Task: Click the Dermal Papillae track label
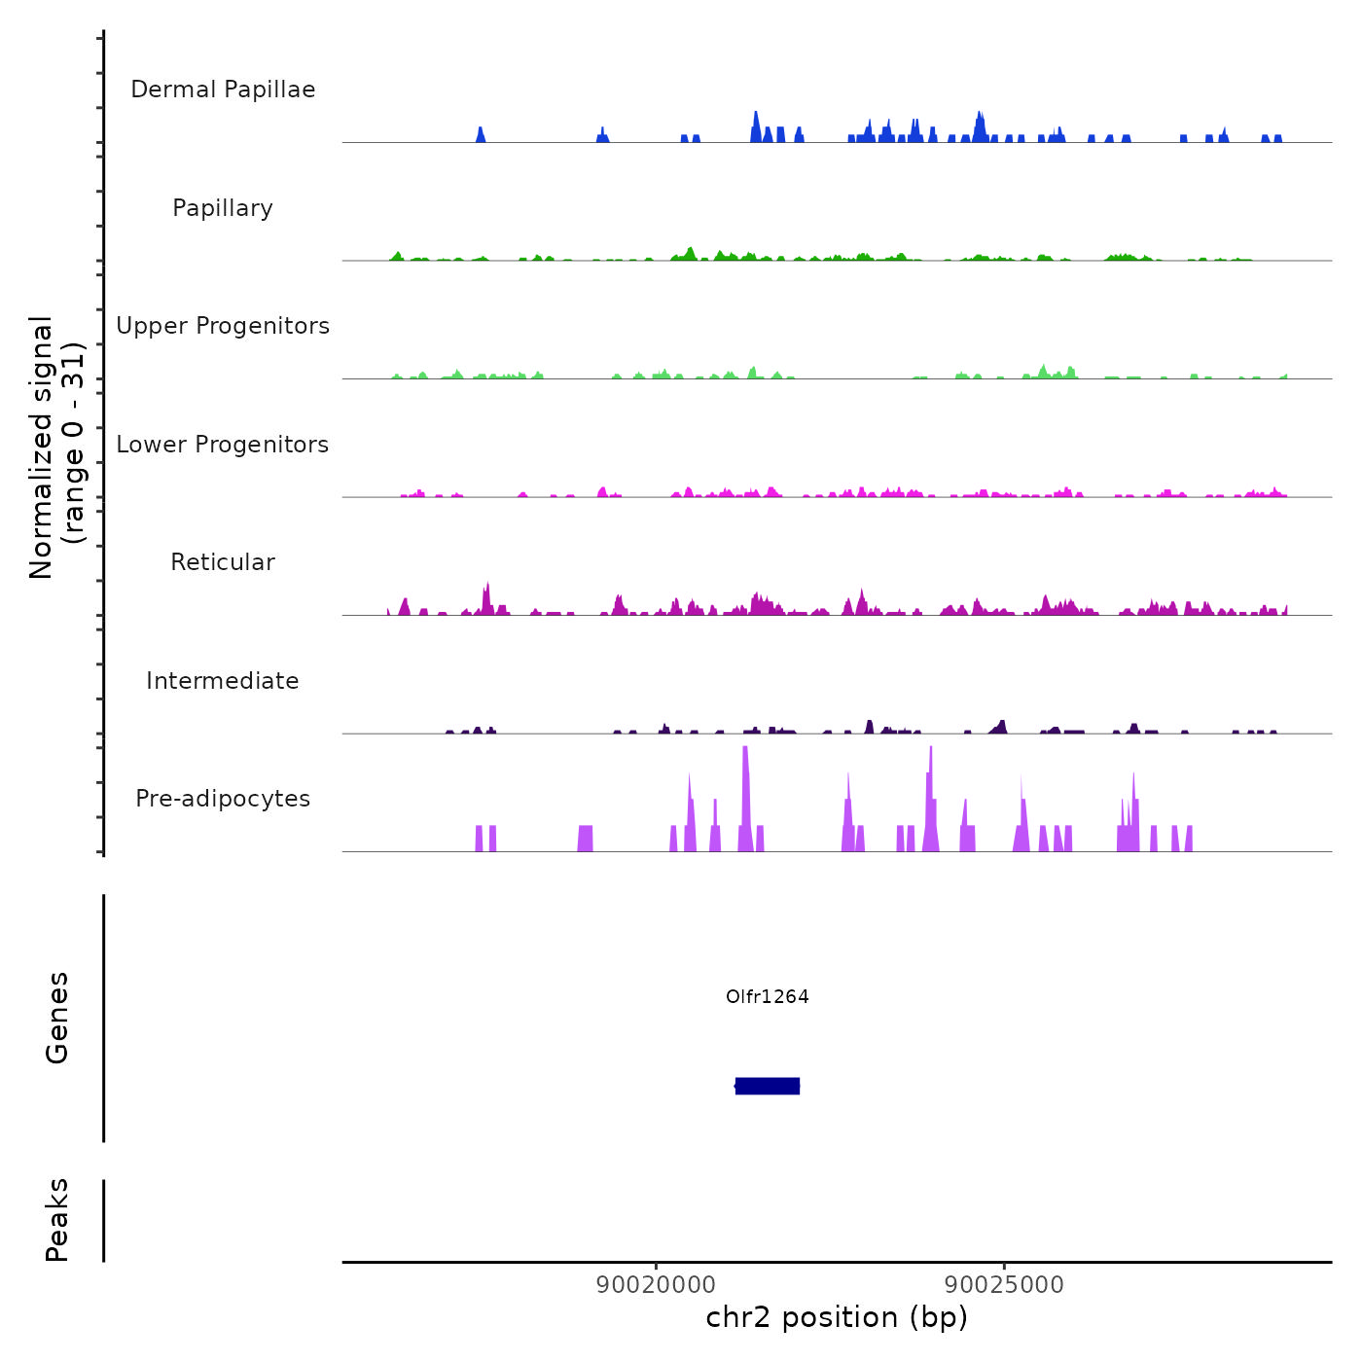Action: click(x=223, y=90)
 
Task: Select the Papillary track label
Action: click(x=223, y=208)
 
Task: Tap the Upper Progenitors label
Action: click(x=223, y=326)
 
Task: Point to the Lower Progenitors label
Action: click(x=223, y=445)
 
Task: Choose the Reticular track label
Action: click(x=223, y=562)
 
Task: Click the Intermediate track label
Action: click(x=223, y=681)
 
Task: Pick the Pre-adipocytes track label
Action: click(x=223, y=799)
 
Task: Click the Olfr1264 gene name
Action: click(x=768, y=996)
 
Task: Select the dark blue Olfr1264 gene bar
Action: click(x=768, y=1086)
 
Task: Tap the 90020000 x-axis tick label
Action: click(x=657, y=1285)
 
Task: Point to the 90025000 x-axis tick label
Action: click(x=1005, y=1285)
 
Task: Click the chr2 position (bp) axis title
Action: click(x=837, y=1317)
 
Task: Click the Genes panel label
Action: click(x=57, y=1018)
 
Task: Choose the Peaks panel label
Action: click(x=57, y=1220)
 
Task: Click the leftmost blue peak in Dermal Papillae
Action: click(x=481, y=135)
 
